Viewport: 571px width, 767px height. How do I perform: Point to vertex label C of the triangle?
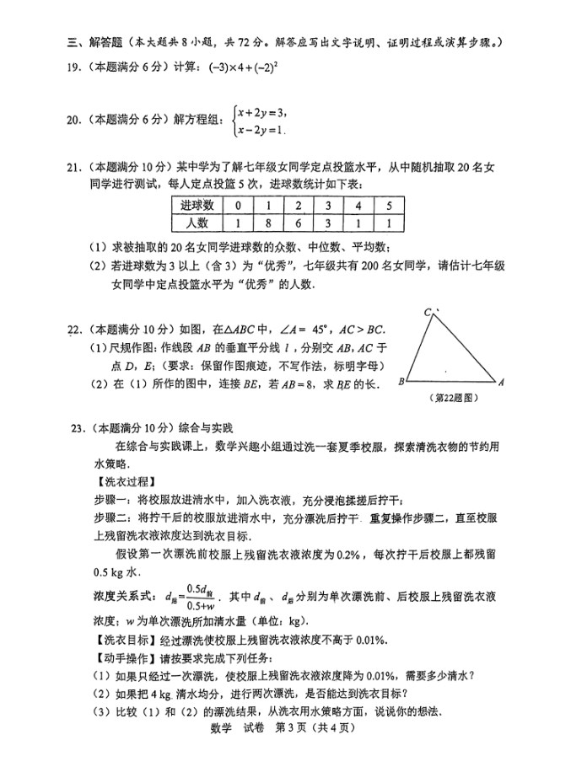pos(428,313)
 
